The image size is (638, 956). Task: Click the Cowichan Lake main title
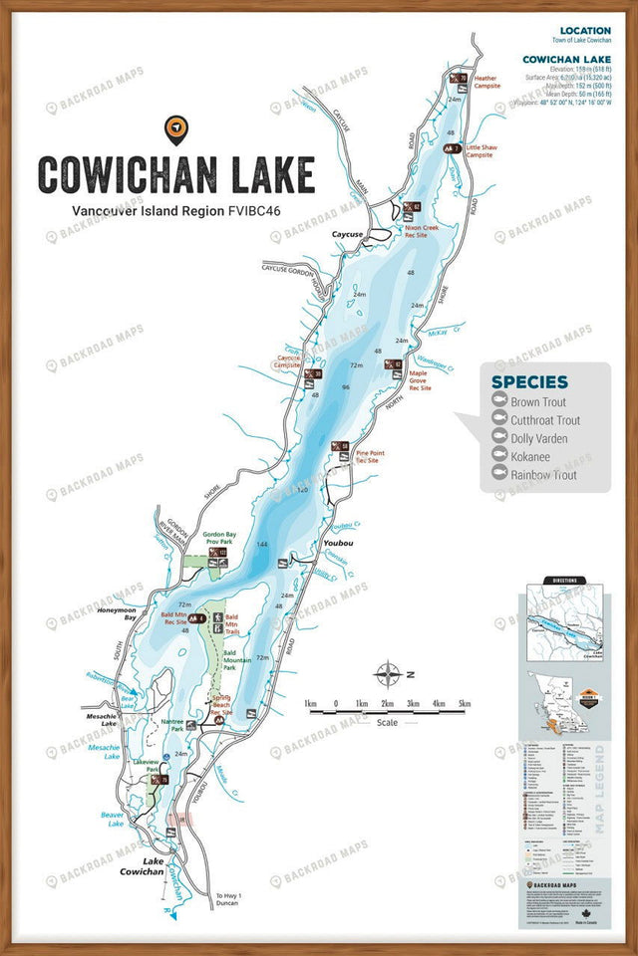point(176,173)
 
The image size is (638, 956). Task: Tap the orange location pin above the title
point(175,128)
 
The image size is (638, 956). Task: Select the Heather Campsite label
point(486,82)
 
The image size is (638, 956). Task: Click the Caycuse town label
point(347,234)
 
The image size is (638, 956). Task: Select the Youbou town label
point(339,544)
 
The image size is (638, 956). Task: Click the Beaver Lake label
point(112,819)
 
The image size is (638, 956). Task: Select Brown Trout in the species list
point(538,402)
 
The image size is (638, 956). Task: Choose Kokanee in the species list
point(530,457)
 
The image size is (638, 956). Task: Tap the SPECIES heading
point(529,381)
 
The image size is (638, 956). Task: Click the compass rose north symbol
point(388,674)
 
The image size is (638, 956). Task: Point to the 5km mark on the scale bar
point(464,704)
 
